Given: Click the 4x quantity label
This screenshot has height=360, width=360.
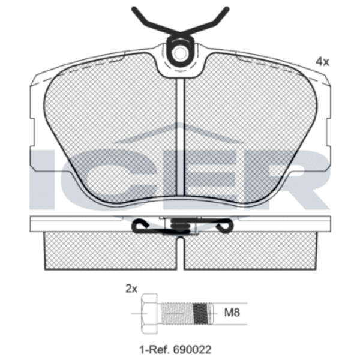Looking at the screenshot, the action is [322, 62].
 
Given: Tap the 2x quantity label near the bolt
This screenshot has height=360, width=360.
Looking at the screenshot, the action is [131, 289].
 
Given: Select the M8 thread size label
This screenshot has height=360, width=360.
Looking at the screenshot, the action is [232, 313].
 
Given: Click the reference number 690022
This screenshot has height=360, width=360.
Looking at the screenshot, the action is [192, 350].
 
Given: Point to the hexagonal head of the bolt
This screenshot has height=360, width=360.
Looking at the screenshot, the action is [149, 313].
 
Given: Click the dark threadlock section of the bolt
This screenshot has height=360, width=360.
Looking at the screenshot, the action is [200, 313].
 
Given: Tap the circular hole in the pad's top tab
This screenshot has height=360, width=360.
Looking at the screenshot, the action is [180, 53].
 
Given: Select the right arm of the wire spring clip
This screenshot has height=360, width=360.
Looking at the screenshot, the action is [206, 20].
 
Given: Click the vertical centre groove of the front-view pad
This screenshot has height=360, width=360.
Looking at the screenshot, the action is [181, 137].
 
